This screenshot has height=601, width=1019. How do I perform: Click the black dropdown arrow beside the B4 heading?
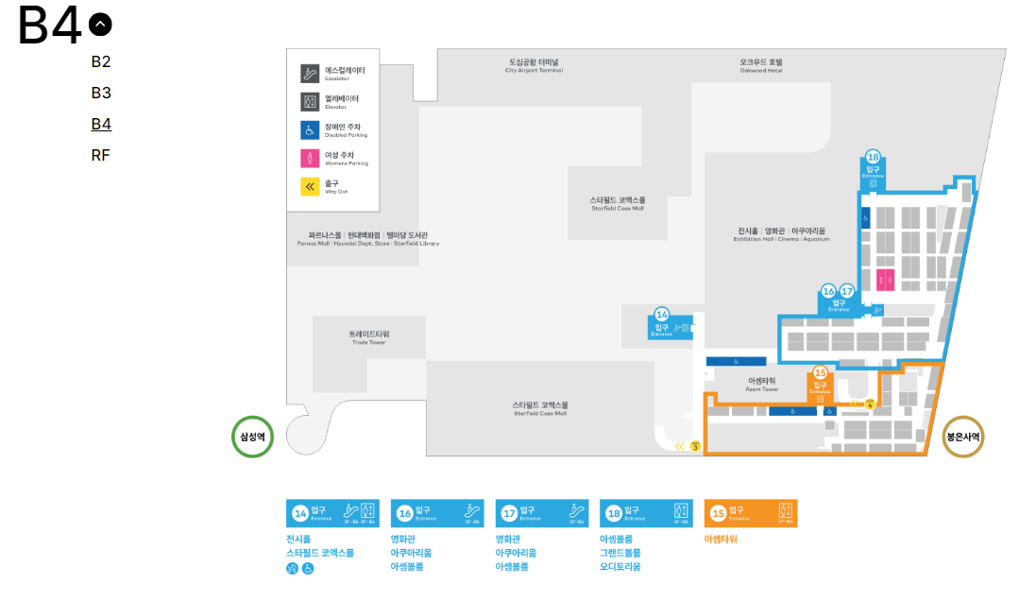[99, 24]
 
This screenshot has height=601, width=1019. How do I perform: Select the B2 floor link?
[101, 62]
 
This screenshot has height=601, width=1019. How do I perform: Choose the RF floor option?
[101, 155]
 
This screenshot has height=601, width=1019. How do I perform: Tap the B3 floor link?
[101, 93]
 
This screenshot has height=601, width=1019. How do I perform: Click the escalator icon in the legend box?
[310, 74]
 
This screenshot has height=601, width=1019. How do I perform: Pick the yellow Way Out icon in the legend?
[310, 187]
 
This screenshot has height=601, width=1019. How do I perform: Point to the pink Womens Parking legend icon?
[310, 159]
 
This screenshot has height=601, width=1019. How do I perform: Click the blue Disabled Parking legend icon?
[310, 130]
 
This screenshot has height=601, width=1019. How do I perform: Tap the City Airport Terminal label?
[534, 66]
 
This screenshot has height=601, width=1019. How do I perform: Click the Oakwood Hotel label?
[760, 66]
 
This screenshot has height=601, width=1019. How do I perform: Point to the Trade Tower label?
[368, 337]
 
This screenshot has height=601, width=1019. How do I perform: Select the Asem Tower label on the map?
[761, 385]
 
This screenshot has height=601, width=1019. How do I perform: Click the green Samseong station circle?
[252, 437]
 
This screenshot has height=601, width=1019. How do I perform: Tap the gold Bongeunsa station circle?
[963, 437]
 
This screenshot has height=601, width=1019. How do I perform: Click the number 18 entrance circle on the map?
[873, 158]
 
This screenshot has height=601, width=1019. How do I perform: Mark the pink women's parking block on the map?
[885, 279]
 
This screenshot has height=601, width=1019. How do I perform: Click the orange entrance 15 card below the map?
[751, 513]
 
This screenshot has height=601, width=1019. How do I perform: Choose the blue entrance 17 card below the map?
[542, 513]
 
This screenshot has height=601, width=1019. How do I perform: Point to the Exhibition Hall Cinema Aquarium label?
[781, 234]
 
